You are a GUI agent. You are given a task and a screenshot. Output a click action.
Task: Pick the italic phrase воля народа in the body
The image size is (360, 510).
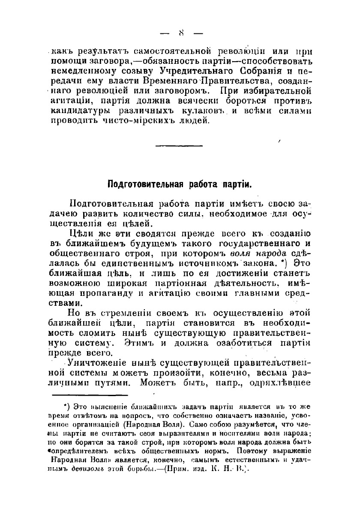pyautogui.click(x=263, y=253)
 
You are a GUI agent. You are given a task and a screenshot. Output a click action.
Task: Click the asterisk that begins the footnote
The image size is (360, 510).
pyautogui.click(x=66, y=405)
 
